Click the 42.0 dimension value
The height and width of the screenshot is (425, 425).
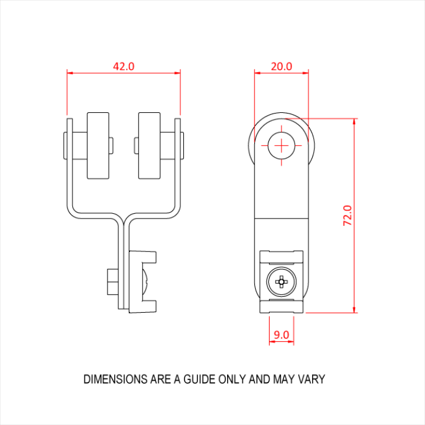click(124, 66)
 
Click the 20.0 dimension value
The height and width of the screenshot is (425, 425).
click(281, 66)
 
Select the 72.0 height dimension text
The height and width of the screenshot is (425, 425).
click(348, 216)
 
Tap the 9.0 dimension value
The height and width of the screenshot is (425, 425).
click(281, 335)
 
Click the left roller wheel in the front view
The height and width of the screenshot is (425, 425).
click(97, 146)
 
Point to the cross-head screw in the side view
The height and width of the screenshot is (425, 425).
click(281, 281)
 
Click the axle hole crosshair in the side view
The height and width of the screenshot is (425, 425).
click(282, 145)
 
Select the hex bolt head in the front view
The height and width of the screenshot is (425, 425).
click(112, 282)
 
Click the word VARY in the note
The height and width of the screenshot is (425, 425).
click(311, 379)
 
